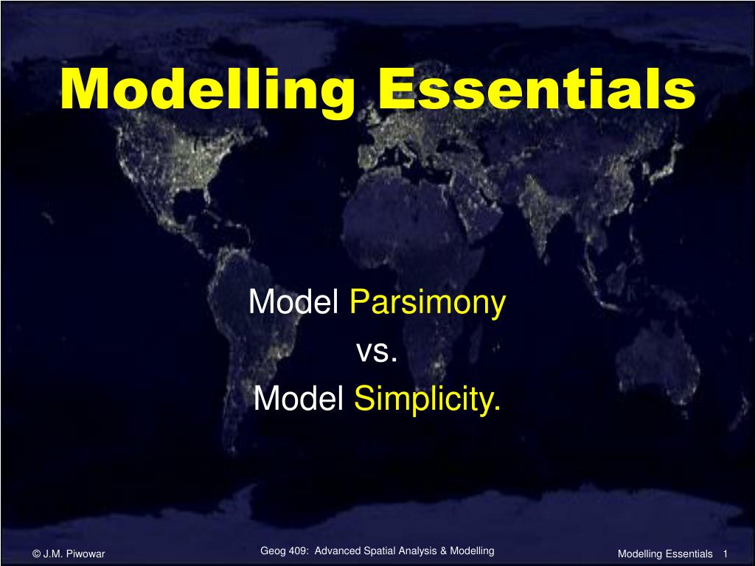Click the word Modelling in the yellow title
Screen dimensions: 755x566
pyautogui.click(x=207, y=91)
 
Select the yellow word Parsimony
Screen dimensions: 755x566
pyautogui.click(x=428, y=303)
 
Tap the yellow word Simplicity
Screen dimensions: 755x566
pyautogui.click(x=427, y=399)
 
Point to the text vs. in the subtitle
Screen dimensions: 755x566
pyautogui.click(x=377, y=352)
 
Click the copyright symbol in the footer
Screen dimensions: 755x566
pyautogui.click(x=37, y=554)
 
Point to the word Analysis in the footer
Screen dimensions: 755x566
pyautogui.click(x=420, y=551)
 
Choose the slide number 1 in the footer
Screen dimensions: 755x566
pyautogui.click(x=726, y=554)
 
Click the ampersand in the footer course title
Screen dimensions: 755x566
pyautogui.click(x=443, y=551)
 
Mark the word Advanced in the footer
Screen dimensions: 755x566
pyautogui.click(x=338, y=551)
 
